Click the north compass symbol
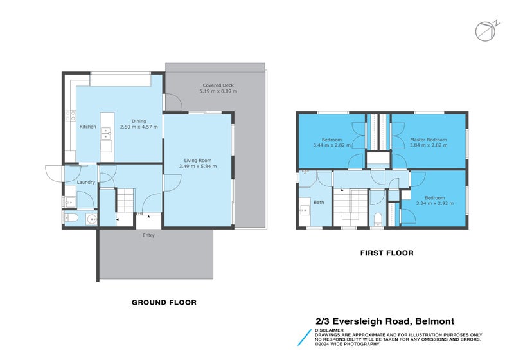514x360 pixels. (x=486, y=30)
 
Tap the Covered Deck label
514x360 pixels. (x=218, y=85)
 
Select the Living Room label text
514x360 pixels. (x=198, y=160)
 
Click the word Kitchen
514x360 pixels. (x=88, y=127)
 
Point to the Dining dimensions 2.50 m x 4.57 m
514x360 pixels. (x=139, y=127)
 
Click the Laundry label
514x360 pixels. (x=85, y=182)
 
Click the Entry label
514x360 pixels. (x=148, y=235)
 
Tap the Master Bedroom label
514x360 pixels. (x=429, y=139)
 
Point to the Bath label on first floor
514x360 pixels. (x=319, y=203)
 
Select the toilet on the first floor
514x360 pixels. (x=378, y=217)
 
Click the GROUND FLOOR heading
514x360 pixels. (x=164, y=302)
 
